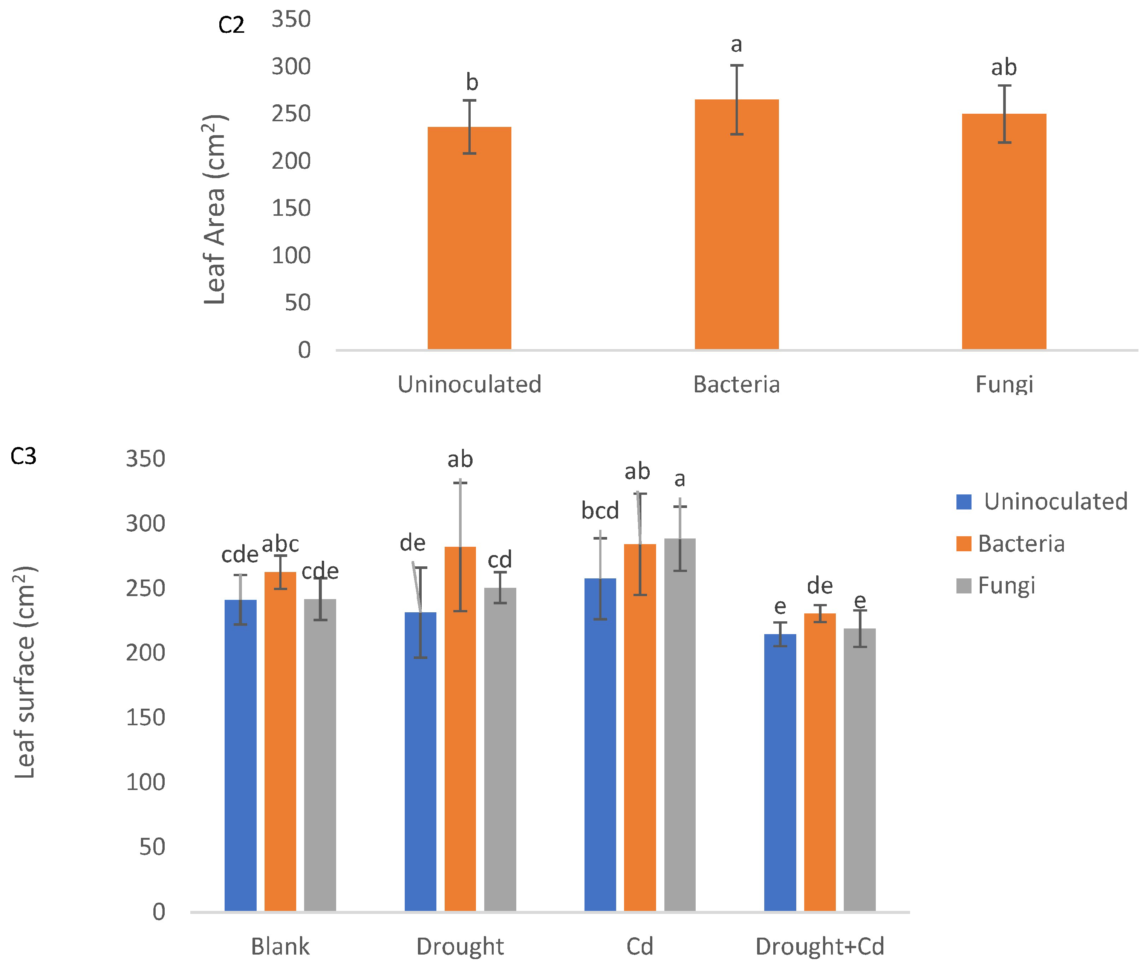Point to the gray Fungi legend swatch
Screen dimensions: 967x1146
tap(963, 586)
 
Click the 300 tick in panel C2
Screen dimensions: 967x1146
tap(291, 67)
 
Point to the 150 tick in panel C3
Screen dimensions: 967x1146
tap(145, 718)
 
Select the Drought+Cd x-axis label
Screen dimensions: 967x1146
tap(820, 947)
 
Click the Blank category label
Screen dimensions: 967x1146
tap(280, 947)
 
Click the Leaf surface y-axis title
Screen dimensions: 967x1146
tap(25, 673)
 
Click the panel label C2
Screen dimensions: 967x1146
tap(231, 25)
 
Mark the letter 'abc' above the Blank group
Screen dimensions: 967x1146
tap(280, 545)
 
